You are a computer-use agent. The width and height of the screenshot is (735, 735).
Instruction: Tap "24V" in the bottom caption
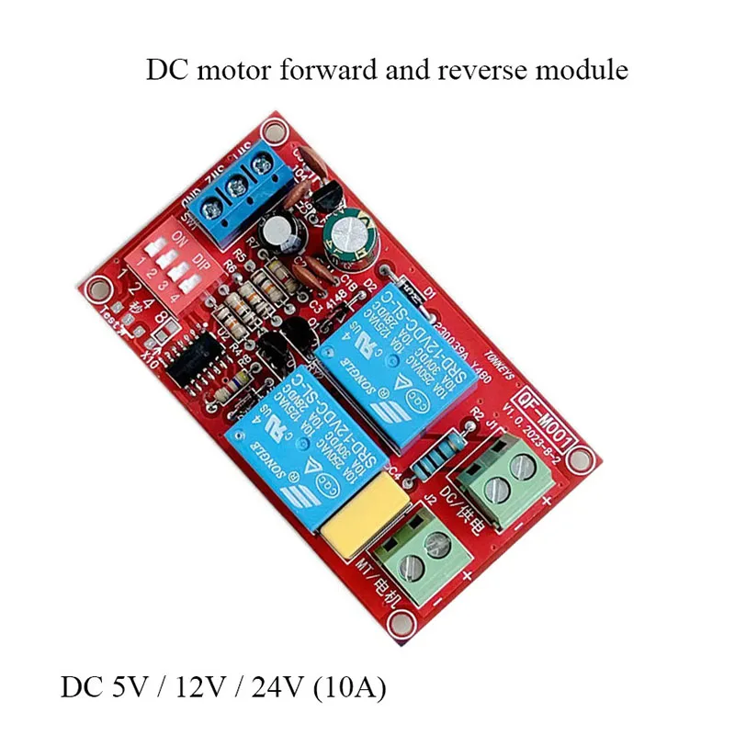click(266, 687)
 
